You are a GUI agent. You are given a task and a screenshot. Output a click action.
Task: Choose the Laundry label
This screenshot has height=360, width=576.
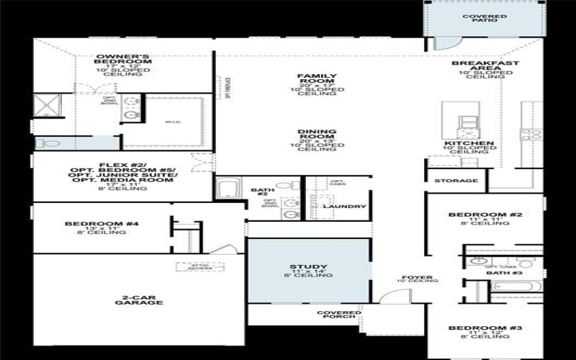[344, 207]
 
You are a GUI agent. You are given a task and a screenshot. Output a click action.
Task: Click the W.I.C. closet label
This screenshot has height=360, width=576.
[172, 122]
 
